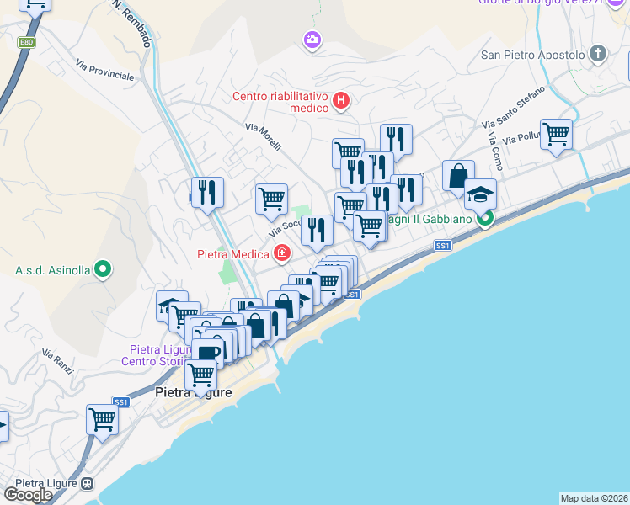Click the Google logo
click(28, 495)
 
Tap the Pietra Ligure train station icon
click(88, 484)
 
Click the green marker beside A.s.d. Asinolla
click(103, 269)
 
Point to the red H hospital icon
click(341, 102)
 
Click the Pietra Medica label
click(233, 253)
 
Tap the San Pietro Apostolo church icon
click(598, 55)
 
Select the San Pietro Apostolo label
click(532, 55)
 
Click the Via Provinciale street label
click(104, 69)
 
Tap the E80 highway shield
click(27, 41)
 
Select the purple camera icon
click(312, 40)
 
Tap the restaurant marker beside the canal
click(206, 192)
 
